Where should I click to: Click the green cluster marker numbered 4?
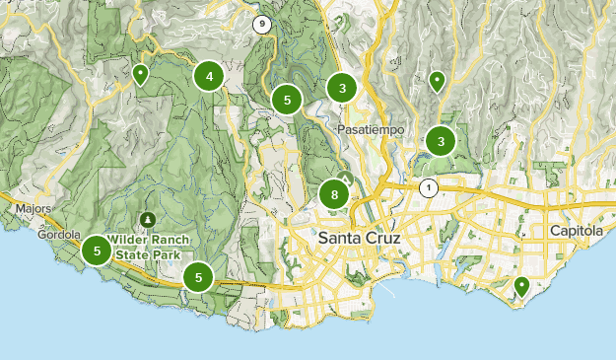click(209, 76)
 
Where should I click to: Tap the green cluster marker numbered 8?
click(335, 194)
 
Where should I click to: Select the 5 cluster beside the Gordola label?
click(97, 251)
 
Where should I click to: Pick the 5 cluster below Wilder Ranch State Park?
click(199, 277)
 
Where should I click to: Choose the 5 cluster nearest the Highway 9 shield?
click(287, 100)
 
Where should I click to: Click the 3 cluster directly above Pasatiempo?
click(341, 89)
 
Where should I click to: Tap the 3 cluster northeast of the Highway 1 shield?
click(441, 142)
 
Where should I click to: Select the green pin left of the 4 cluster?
click(141, 74)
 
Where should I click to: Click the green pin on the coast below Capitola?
click(521, 286)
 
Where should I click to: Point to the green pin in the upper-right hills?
click(437, 80)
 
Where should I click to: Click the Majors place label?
click(34, 209)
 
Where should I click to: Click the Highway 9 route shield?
click(261, 24)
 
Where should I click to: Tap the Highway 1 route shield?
click(428, 187)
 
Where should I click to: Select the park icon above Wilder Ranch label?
click(148, 218)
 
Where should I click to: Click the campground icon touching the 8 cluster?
click(344, 178)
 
